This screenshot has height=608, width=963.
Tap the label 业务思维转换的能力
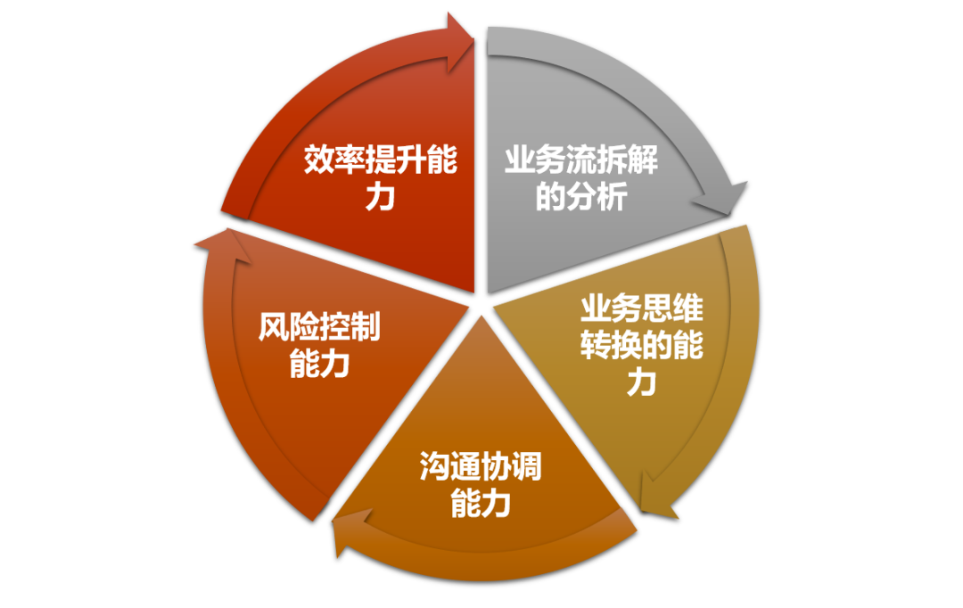tap(642, 344)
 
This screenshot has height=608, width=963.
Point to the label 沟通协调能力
tap(481, 484)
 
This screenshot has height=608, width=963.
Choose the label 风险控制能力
tap(319, 344)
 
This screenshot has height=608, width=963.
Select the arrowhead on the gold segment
tap(656, 497)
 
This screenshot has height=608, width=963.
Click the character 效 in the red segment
tap(318, 160)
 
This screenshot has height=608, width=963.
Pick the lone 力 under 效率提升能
tap(381, 196)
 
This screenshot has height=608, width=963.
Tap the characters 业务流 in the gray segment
tap(550, 160)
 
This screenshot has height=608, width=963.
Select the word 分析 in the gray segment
tap(597, 196)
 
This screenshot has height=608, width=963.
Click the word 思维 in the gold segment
tap(672, 308)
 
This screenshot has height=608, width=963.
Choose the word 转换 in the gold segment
tap(611, 344)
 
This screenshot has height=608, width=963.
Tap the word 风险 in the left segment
tap(288, 326)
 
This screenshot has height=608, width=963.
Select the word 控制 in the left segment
tap(350, 326)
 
